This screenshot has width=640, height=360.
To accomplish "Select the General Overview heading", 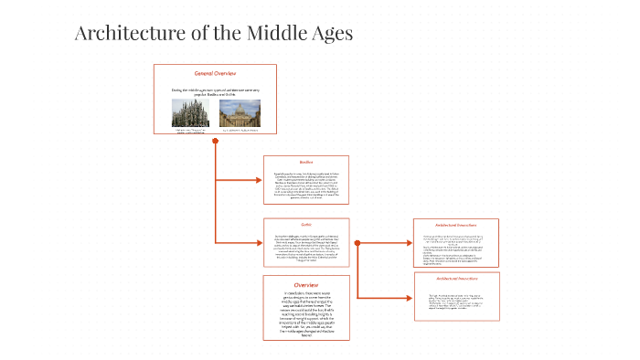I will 215,73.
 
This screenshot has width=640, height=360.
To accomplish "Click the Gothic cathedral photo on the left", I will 191,112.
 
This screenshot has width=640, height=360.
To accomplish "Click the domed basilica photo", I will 240,112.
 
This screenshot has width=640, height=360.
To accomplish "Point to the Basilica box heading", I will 306,163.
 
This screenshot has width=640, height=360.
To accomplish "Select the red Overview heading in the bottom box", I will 306,284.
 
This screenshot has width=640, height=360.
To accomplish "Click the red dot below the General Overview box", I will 215,141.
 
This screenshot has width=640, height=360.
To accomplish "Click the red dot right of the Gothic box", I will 357,242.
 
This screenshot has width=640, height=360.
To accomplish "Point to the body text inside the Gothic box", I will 306,247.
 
